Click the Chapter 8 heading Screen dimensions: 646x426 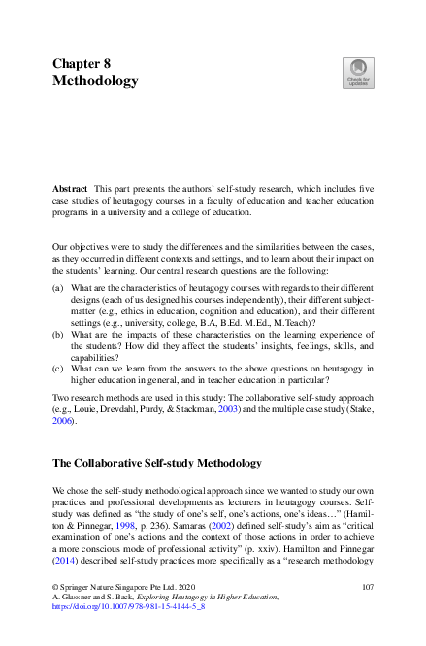tap(82, 62)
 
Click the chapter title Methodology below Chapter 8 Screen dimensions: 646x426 tap(95, 81)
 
